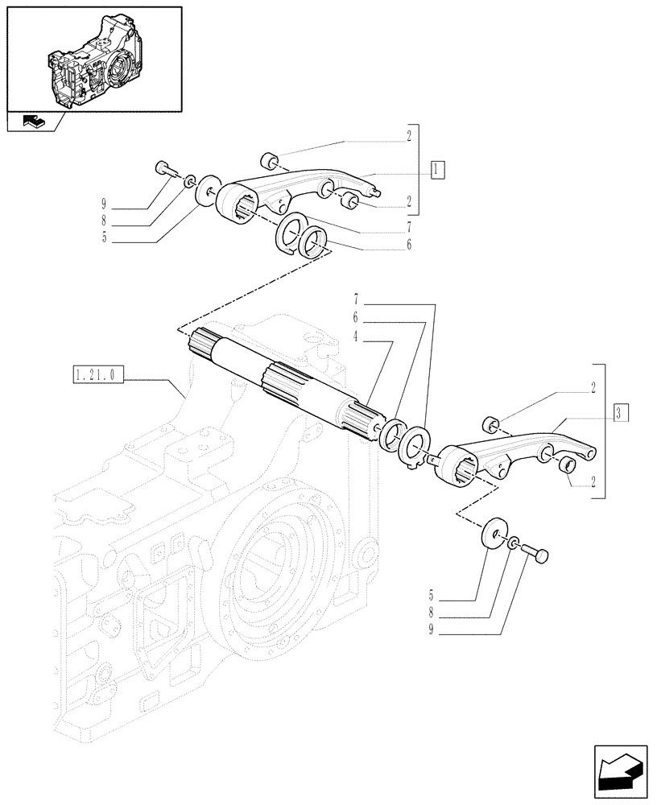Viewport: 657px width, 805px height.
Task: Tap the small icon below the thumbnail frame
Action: tap(33, 122)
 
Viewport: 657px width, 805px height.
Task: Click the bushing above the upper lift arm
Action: tap(271, 158)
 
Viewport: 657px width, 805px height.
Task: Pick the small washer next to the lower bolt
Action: tap(514, 545)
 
